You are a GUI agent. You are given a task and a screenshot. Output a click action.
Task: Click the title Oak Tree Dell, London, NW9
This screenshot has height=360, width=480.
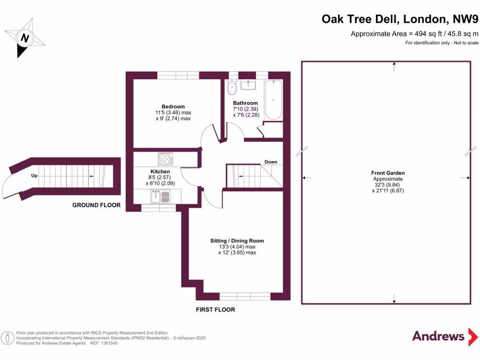point(400,19)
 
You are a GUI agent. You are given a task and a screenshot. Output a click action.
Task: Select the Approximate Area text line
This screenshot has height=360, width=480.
point(415,34)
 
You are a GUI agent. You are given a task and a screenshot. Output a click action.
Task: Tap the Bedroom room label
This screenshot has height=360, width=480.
point(173,106)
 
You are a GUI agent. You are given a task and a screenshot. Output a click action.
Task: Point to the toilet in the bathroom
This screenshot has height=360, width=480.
point(232,87)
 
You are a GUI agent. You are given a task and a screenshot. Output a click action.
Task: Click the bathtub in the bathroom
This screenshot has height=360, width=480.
point(273,99)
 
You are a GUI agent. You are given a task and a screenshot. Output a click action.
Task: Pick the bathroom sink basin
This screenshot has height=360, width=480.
point(248,85)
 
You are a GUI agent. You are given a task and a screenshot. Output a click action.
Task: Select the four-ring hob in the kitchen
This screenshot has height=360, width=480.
point(165,159)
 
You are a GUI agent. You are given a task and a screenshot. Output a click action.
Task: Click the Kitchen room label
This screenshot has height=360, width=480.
point(160,172)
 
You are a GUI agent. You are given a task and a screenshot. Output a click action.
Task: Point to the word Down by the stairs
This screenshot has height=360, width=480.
point(271,162)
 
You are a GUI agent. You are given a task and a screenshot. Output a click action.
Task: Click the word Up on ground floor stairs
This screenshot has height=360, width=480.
point(34,176)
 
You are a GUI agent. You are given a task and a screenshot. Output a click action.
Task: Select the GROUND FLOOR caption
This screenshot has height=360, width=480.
point(96,205)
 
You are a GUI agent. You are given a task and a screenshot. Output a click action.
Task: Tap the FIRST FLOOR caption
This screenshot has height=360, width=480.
point(216,310)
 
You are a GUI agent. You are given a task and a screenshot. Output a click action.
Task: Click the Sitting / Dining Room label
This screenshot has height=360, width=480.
point(237,240)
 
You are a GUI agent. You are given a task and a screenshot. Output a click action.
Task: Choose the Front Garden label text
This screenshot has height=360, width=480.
point(388,173)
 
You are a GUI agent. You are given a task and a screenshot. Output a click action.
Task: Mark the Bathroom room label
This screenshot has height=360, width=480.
point(245,103)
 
